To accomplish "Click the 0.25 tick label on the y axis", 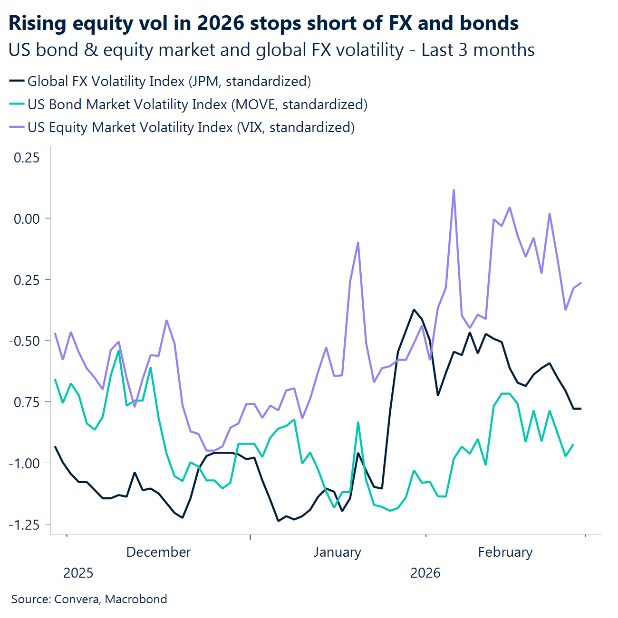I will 27,157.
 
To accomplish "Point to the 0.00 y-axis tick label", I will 27,219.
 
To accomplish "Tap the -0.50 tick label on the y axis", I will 24,341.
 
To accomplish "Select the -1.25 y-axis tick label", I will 24,525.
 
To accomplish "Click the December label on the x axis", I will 158,552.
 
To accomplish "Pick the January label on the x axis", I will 337,552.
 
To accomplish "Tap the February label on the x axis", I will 505,552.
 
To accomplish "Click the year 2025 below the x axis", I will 78,573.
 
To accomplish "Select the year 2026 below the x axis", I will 425,573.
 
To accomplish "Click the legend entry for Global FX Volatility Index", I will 169,81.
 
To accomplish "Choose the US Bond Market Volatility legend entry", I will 197,105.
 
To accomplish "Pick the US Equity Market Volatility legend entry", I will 191,127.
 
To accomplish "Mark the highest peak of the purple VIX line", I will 454,190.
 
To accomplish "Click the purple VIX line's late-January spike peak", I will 357,243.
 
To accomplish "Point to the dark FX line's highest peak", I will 414,310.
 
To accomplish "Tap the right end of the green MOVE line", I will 573,445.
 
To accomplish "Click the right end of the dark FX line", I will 581,409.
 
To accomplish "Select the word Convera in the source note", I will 77,599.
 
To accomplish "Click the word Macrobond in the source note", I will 136,599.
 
